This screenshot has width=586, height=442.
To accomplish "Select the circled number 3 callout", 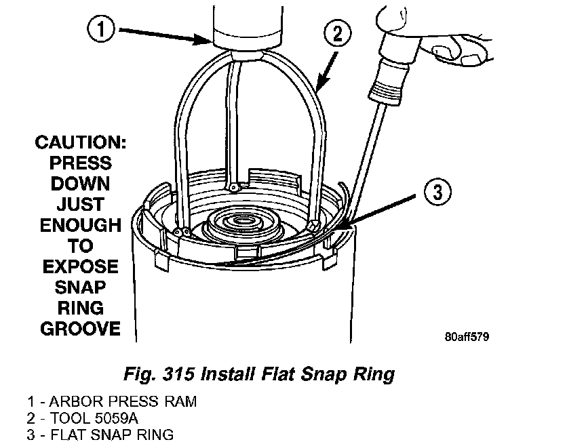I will (x=437, y=193).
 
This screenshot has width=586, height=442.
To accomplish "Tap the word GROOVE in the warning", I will (x=80, y=329).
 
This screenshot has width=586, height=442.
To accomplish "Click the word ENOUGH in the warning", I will (x=80, y=225).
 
